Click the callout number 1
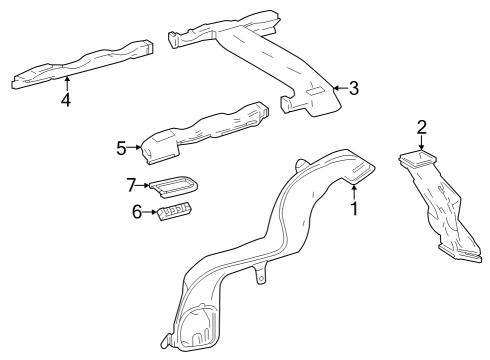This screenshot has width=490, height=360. pos(353,209)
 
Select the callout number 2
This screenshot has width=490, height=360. pos(422,126)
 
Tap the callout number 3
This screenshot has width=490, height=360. pos(353,88)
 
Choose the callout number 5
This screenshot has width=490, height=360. pos(121,148)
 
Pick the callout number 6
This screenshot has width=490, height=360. pos(137,212)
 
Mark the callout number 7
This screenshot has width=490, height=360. pos(130,184)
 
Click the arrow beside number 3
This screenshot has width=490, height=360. pos(338,88)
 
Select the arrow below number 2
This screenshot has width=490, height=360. pos(422,144)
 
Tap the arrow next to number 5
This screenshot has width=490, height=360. pos(136,148)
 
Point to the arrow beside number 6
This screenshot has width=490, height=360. pos(151,212)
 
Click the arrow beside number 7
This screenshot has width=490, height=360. pos(145,184)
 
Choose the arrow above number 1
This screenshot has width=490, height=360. pos(353,191)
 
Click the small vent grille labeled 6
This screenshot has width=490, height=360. pos(174,210)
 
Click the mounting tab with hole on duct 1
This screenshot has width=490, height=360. pos(261,274)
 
